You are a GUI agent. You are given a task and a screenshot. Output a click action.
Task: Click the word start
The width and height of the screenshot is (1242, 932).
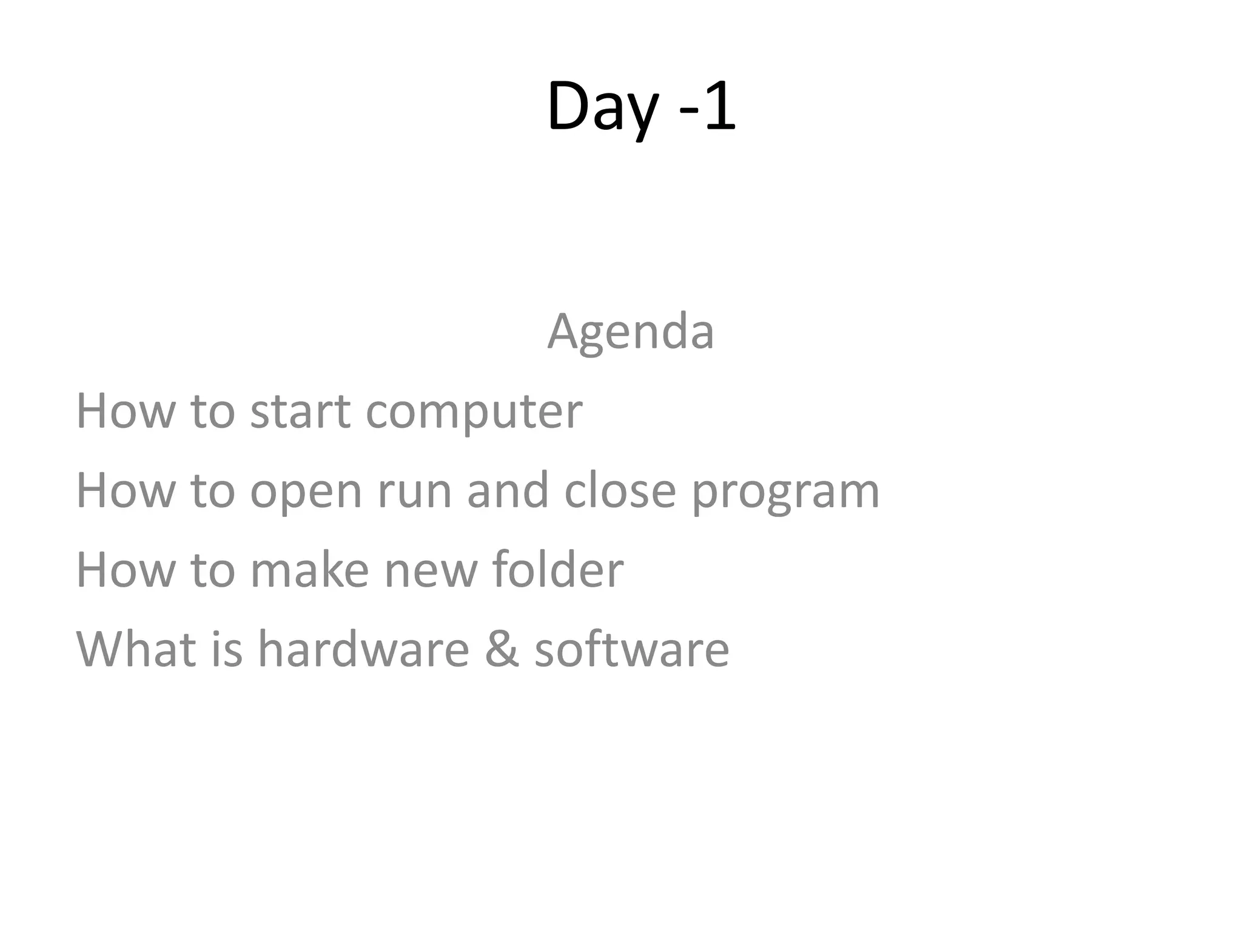tap(300, 411)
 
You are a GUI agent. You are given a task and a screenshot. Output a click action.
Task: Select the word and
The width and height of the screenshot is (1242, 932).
tap(508, 490)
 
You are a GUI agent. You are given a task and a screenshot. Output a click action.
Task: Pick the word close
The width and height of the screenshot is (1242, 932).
tap(620, 490)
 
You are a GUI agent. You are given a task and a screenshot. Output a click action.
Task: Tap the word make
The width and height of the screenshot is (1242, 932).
tap(309, 570)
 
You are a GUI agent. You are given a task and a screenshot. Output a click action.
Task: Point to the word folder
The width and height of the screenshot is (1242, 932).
tap(557, 570)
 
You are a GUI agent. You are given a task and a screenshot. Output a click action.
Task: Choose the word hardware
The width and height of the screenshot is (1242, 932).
tap(363, 649)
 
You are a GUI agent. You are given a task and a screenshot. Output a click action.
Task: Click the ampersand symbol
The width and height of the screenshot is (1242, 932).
tap(502, 649)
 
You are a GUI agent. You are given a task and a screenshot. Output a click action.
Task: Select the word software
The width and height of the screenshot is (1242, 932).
tap(631, 649)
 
